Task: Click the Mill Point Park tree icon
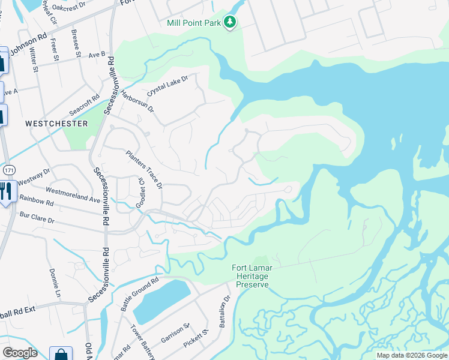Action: (x=230, y=22)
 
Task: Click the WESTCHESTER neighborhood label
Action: (x=56, y=124)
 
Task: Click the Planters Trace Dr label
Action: (x=144, y=169)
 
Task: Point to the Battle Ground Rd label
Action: (x=139, y=293)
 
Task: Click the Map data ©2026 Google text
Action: (x=412, y=355)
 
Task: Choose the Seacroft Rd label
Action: (x=84, y=104)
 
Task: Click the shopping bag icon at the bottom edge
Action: (x=60, y=355)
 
